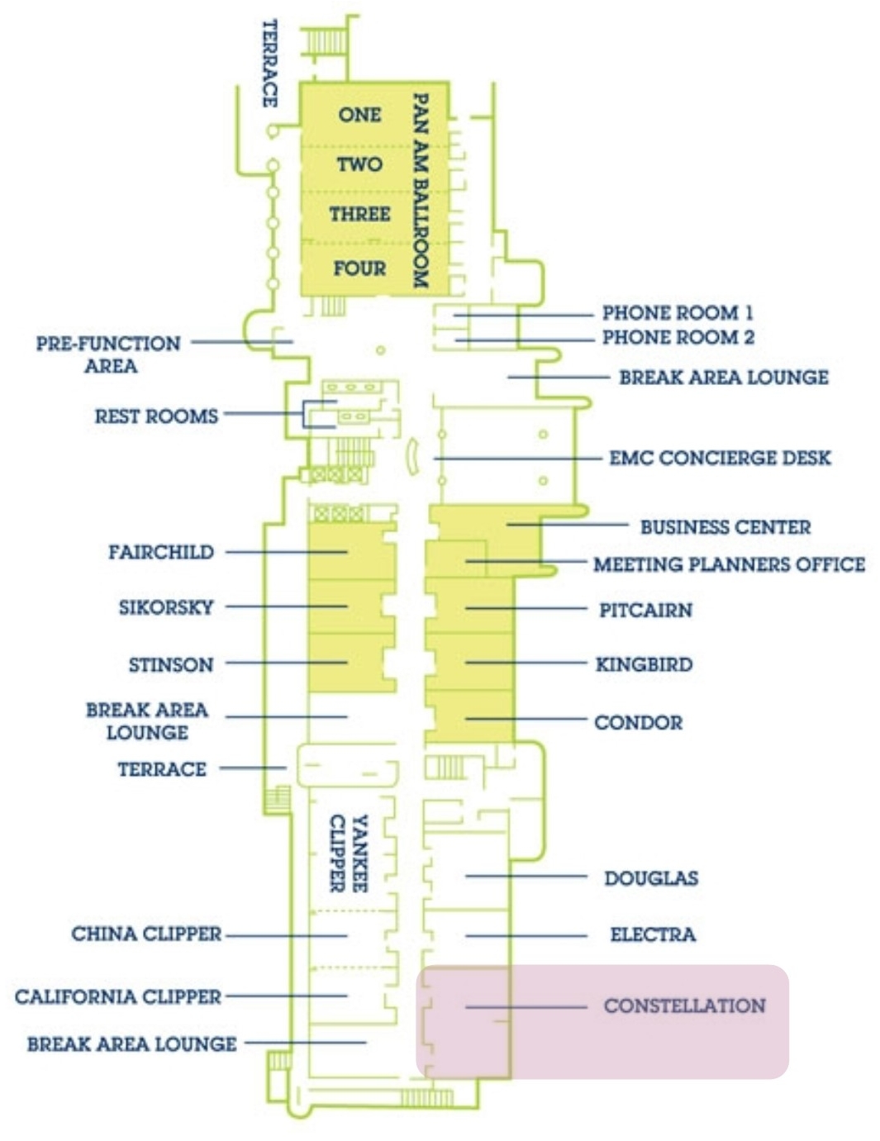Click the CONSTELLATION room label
pos(684,1006)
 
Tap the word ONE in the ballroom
pos(359,115)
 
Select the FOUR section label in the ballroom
pos(359,268)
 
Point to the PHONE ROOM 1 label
pos(678,312)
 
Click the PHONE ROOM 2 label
pos(678,337)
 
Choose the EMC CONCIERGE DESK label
pos(720,458)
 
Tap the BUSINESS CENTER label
pos(725,527)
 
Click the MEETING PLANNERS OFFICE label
pos(729,564)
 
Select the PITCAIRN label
pos(645,610)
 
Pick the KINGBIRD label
pos(644,664)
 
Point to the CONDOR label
pos(638,722)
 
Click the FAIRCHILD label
pos(161,552)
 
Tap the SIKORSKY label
pos(166,607)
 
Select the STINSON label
pos(171,664)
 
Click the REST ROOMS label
pos(156,416)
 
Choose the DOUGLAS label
pos(651,877)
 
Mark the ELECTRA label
pos(653,934)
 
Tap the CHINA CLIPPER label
pos(146,934)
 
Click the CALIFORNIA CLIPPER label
pos(118,996)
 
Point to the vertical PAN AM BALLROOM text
pos(421,190)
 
